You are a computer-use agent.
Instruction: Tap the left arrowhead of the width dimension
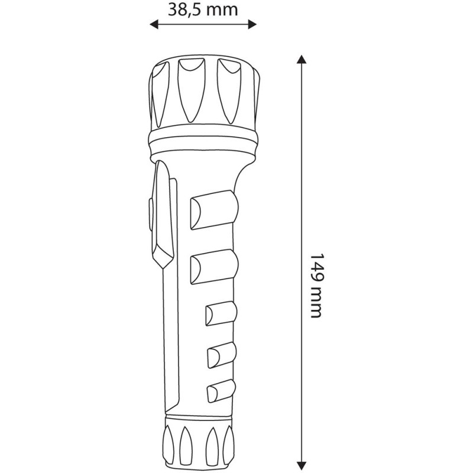point(153,24)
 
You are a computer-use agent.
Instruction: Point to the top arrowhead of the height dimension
point(302,60)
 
